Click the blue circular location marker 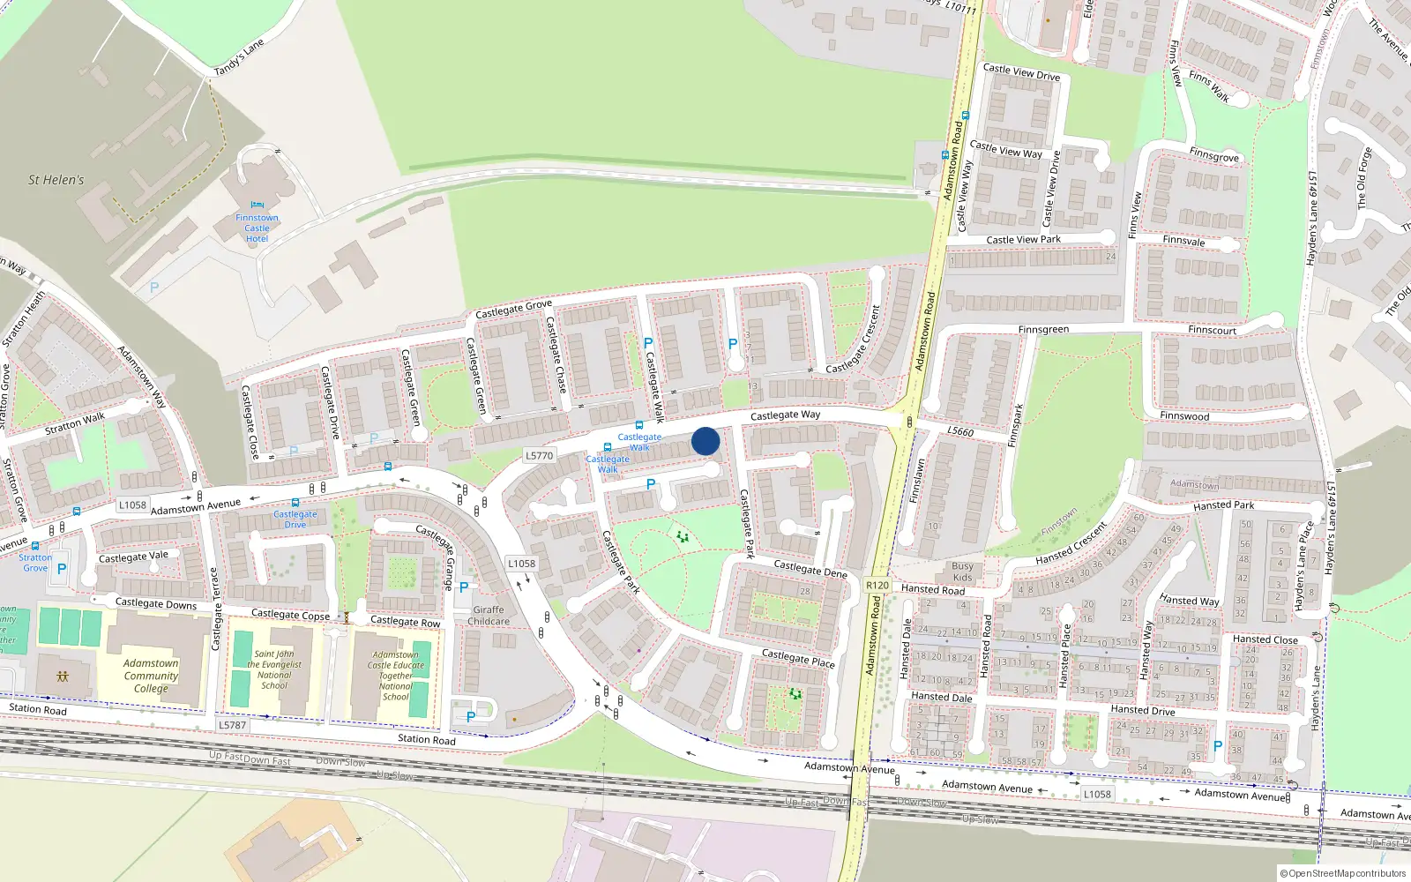click(705, 441)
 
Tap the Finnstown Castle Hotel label click(257, 228)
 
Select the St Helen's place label click(56, 180)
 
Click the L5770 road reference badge click(539, 456)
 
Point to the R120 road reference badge click(877, 585)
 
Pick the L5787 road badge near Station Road click(233, 725)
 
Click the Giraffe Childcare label click(489, 616)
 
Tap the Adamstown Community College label click(151, 676)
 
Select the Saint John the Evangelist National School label click(274, 670)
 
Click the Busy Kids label click(962, 572)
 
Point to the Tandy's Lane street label click(239, 58)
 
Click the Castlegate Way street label click(785, 415)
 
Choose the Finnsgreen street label click(1043, 329)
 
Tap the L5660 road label click(960, 431)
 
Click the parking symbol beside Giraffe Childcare click(464, 587)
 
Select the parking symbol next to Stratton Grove click(62, 569)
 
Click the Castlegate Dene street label click(810, 569)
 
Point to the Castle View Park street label click(1023, 239)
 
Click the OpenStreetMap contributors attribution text click(1342, 874)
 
